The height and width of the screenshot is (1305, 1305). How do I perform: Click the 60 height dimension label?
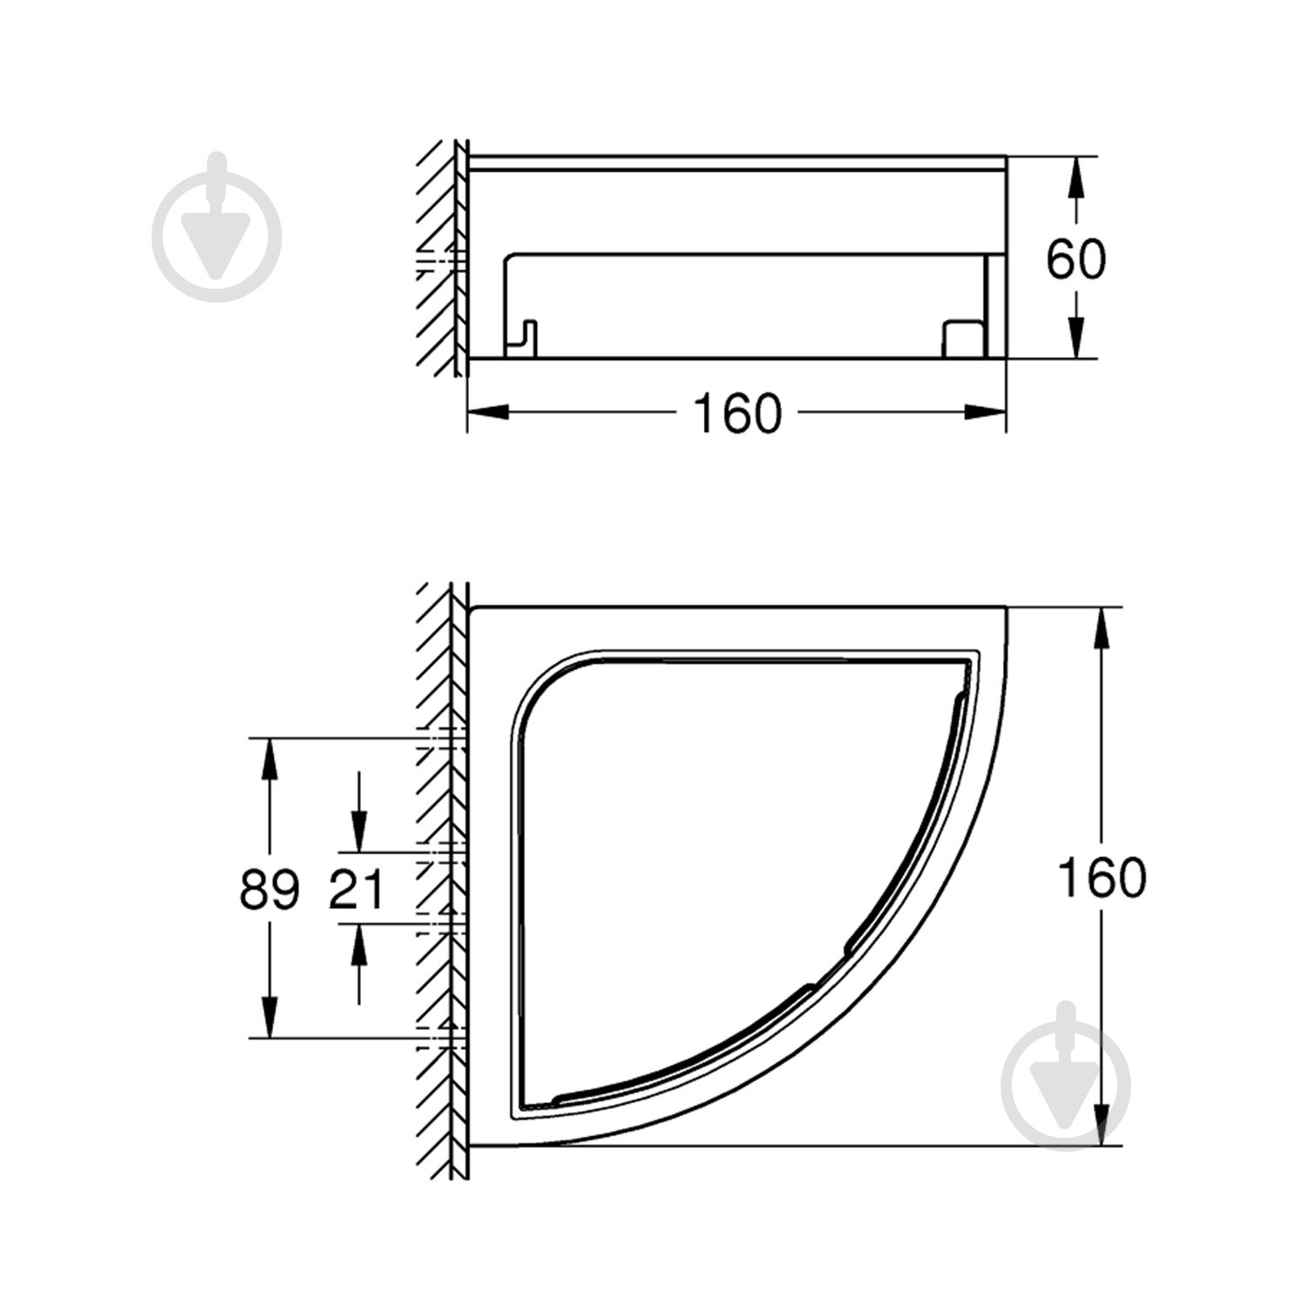pos(1075,259)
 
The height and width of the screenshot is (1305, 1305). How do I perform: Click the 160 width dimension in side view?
pos(737,413)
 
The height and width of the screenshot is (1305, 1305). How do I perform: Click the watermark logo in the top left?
pos(217,228)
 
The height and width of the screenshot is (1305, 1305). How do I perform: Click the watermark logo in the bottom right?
pos(1065,1076)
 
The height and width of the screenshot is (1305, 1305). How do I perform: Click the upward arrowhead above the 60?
pos(1076,179)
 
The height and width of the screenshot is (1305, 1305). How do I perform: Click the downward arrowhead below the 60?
pos(1076,334)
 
